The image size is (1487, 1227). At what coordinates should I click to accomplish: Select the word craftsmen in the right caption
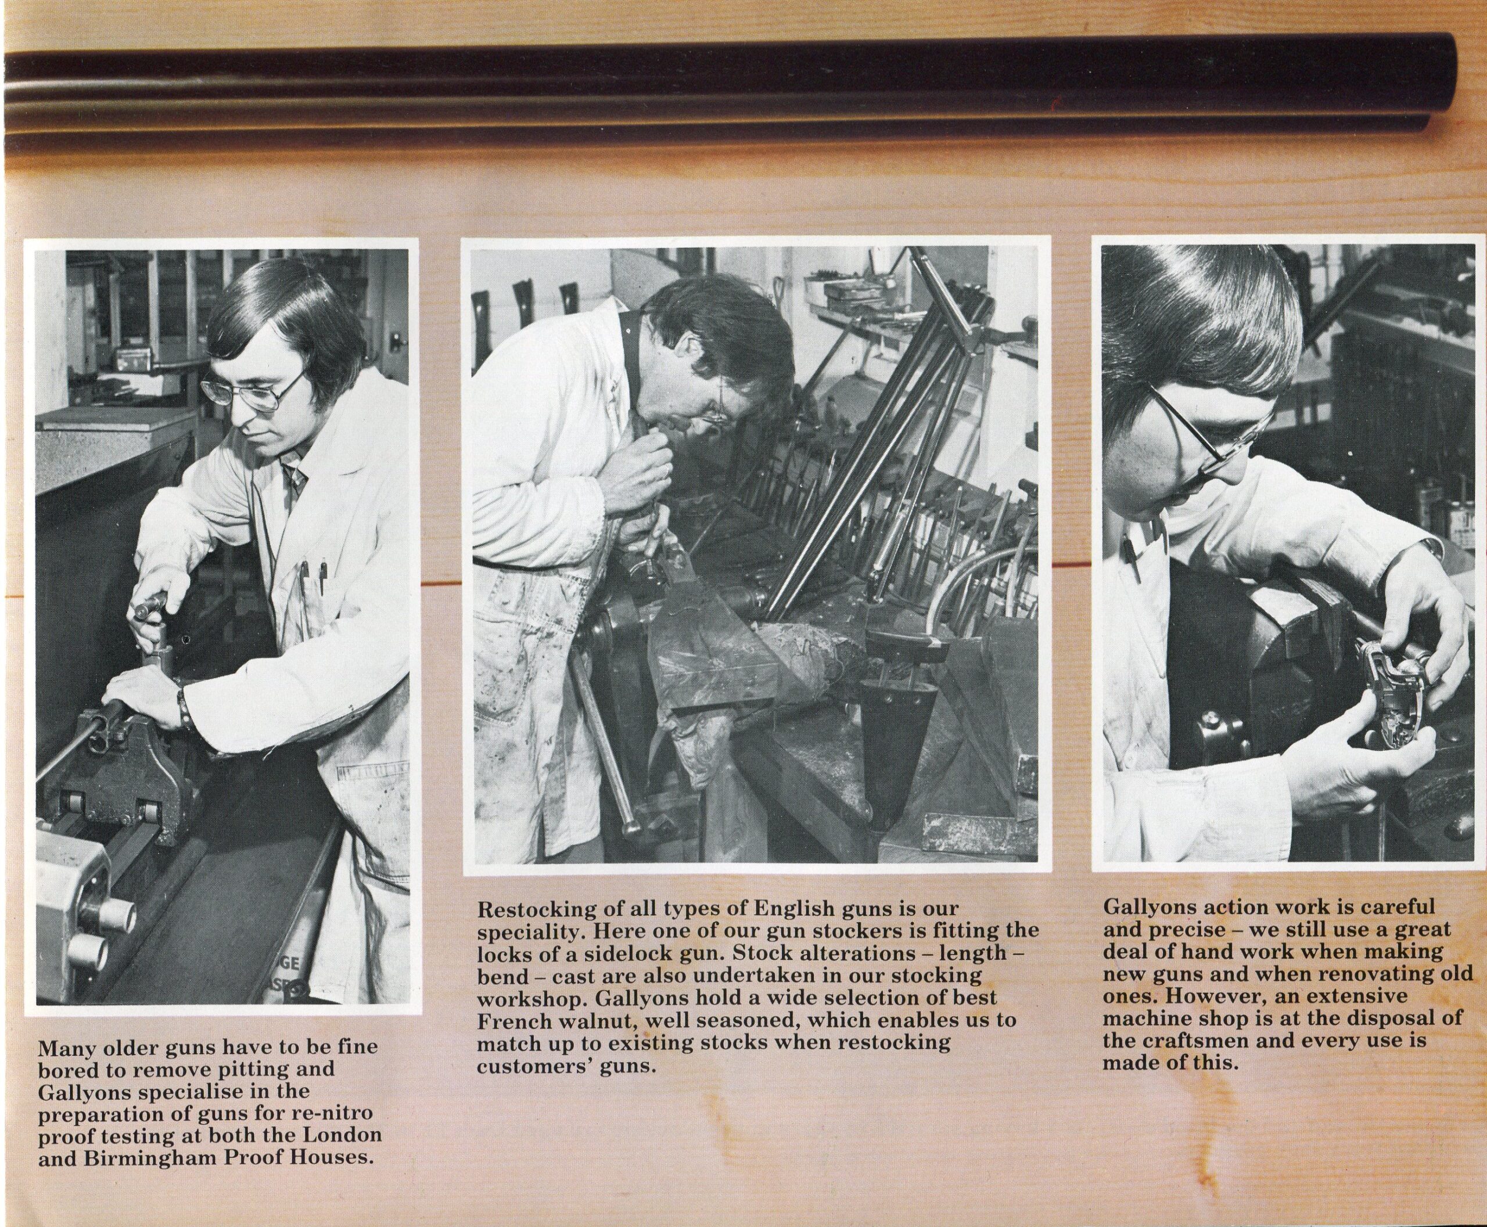pyautogui.click(x=1201, y=1042)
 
